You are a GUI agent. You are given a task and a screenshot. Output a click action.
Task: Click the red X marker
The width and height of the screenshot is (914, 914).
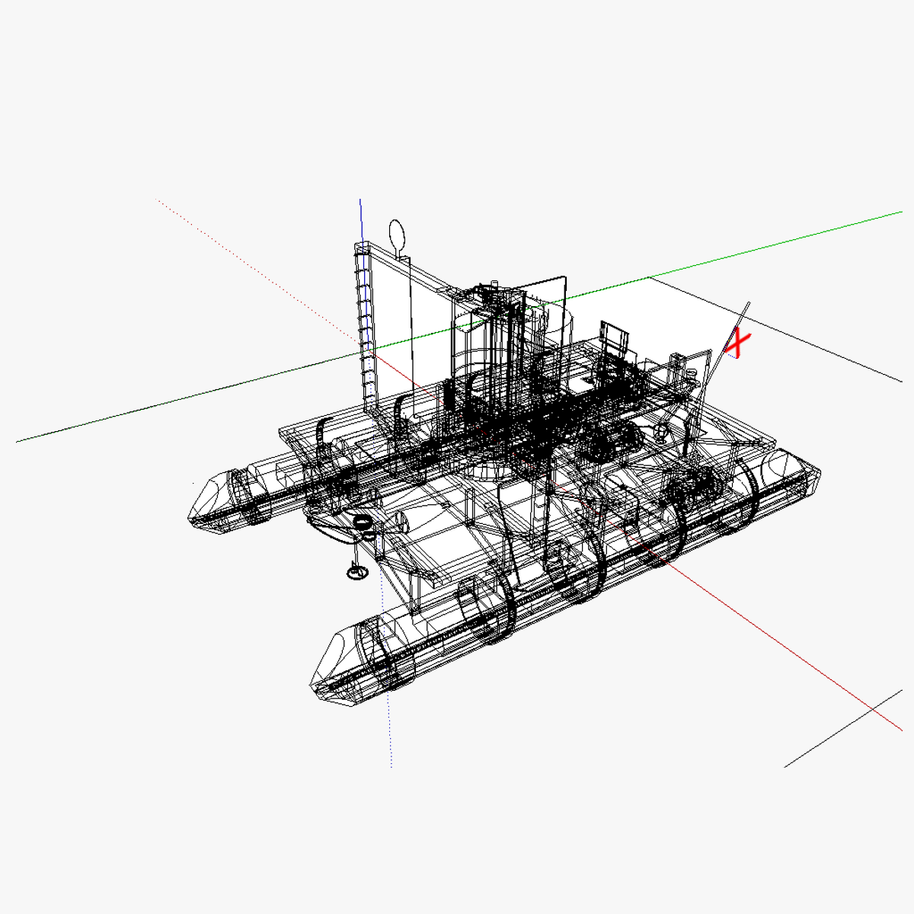[737, 344]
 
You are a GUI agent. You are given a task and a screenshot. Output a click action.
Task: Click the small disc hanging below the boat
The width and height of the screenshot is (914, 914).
[355, 571]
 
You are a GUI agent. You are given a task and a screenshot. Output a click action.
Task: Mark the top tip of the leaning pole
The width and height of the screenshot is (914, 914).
[748, 304]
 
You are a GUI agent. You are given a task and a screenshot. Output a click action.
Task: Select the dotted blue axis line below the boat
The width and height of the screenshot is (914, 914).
[387, 685]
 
